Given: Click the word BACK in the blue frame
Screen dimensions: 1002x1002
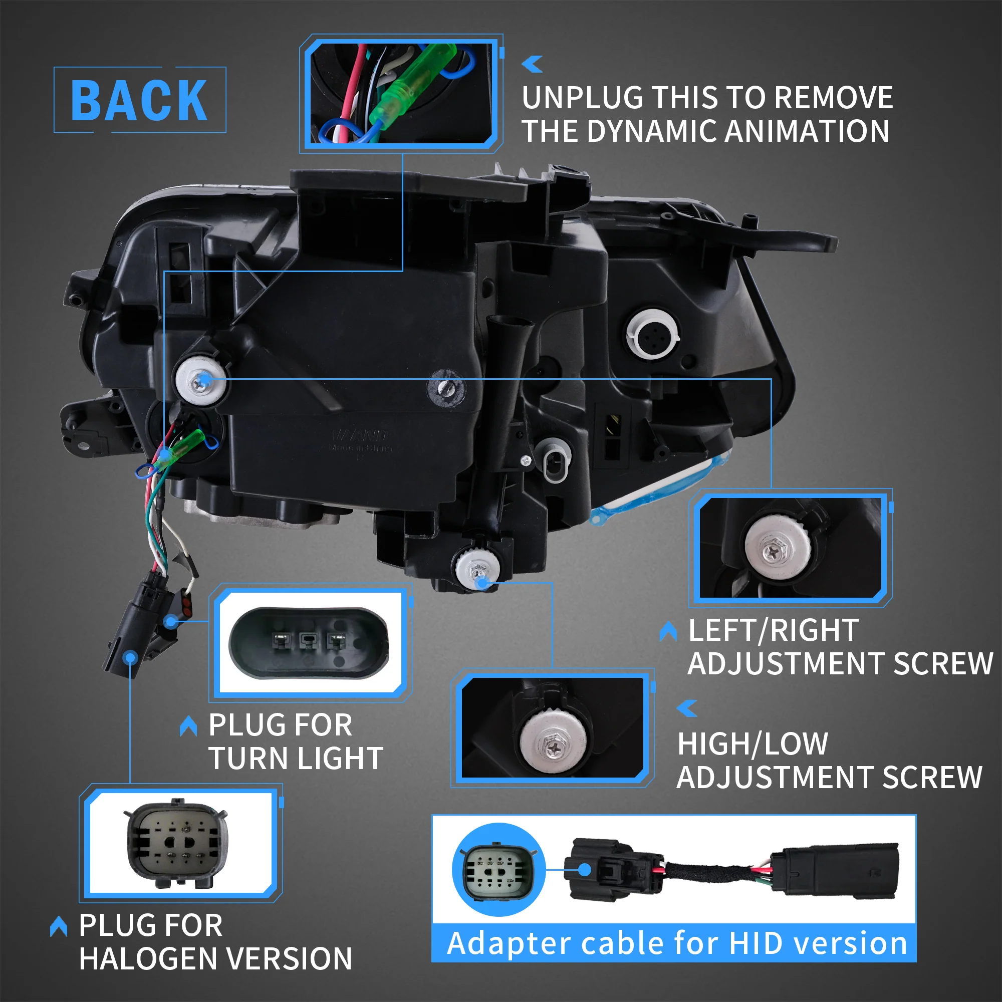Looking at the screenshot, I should [139, 101].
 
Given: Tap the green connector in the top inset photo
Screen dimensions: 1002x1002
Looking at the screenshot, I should [415, 88].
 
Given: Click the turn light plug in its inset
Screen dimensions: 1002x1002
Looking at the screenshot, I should [309, 642].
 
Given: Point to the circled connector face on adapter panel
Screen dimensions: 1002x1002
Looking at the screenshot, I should [498, 869].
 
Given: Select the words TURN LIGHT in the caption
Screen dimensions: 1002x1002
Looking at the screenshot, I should [296, 758].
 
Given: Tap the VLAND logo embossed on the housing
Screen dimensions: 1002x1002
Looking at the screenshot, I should [360, 434].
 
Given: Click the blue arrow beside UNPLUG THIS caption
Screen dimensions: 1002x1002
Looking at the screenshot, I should [532, 64].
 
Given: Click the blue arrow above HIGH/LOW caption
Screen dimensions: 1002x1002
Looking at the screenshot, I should [688, 708].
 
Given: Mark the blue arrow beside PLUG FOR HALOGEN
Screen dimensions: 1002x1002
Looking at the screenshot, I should [59, 926].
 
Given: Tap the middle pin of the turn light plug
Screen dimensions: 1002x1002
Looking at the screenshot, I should [308, 642].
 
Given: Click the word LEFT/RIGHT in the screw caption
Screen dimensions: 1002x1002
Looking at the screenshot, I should [773, 631].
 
